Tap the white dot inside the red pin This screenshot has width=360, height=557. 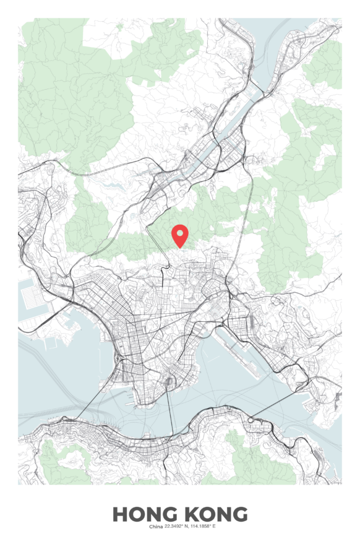(180, 233)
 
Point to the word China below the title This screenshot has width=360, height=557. (156, 527)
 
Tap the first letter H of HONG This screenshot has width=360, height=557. (119, 514)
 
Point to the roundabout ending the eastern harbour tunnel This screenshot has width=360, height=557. (251, 420)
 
